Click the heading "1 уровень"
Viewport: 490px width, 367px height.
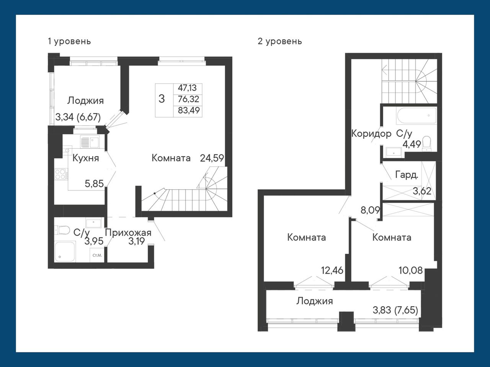pyautogui.click(x=69, y=42)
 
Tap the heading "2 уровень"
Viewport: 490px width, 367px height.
pyautogui.click(x=280, y=42)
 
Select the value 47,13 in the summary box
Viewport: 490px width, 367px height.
pyautogui.click(x=187, y=88)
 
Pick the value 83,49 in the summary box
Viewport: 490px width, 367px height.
pyautogui.click(x=189, y=110)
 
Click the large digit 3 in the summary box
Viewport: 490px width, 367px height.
pyautogui.click(x=162, y=99)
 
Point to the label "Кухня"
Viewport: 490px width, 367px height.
pyautogui.click(x=86, y=158)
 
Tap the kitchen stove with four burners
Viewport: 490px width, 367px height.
pyautogui.click(x=61, y=174)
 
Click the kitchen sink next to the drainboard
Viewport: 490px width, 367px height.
pyautogui.click(x=95, y=141)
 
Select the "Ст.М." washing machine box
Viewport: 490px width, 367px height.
pyautogui.click(x=97, y=255)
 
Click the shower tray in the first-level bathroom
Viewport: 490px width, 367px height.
pyautogui.click(x=65, y=252)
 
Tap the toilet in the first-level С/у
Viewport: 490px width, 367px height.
pyautogui.click(x=61, y=230)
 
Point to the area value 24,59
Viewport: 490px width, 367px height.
pyautogui.click(x=212, y=158)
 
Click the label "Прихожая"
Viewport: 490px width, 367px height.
pyautogui.click(x=128, y=233)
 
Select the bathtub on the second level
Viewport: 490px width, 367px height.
pyautogui.click(x=416, y=116)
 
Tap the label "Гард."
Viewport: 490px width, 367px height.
pyautogui.click(x=407, y=175)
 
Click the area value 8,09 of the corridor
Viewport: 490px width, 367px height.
pyautogui.click(x=370, y=210)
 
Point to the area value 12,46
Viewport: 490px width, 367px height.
pyautogui.click(x=332, y=270)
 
